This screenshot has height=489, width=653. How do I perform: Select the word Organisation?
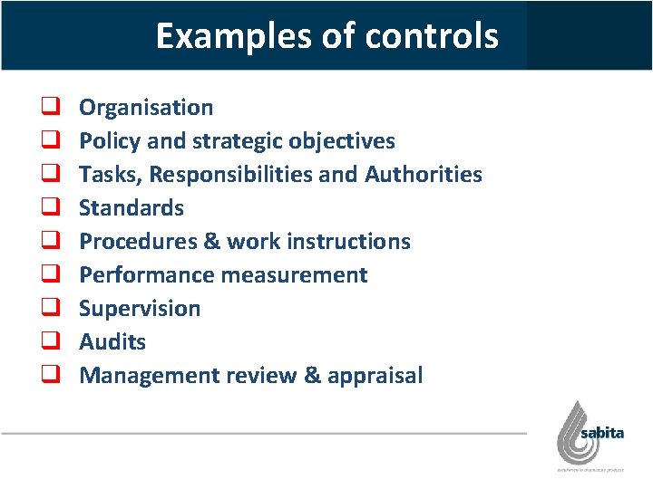tap(146, 108)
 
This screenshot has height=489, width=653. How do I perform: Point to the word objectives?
tap(342, 141)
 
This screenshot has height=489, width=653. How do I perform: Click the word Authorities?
tap(424, 174)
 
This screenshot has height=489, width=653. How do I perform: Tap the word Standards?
tap(132, 207)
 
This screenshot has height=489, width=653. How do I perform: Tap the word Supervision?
tap(140, 309)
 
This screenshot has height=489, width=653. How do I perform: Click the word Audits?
tap(112, 342)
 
